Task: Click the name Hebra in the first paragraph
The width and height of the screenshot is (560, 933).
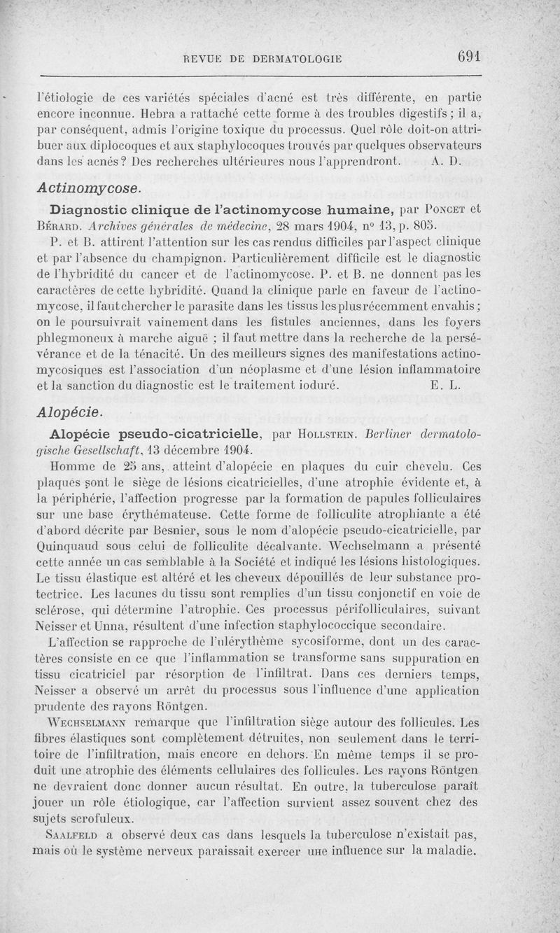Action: click(157, 112)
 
